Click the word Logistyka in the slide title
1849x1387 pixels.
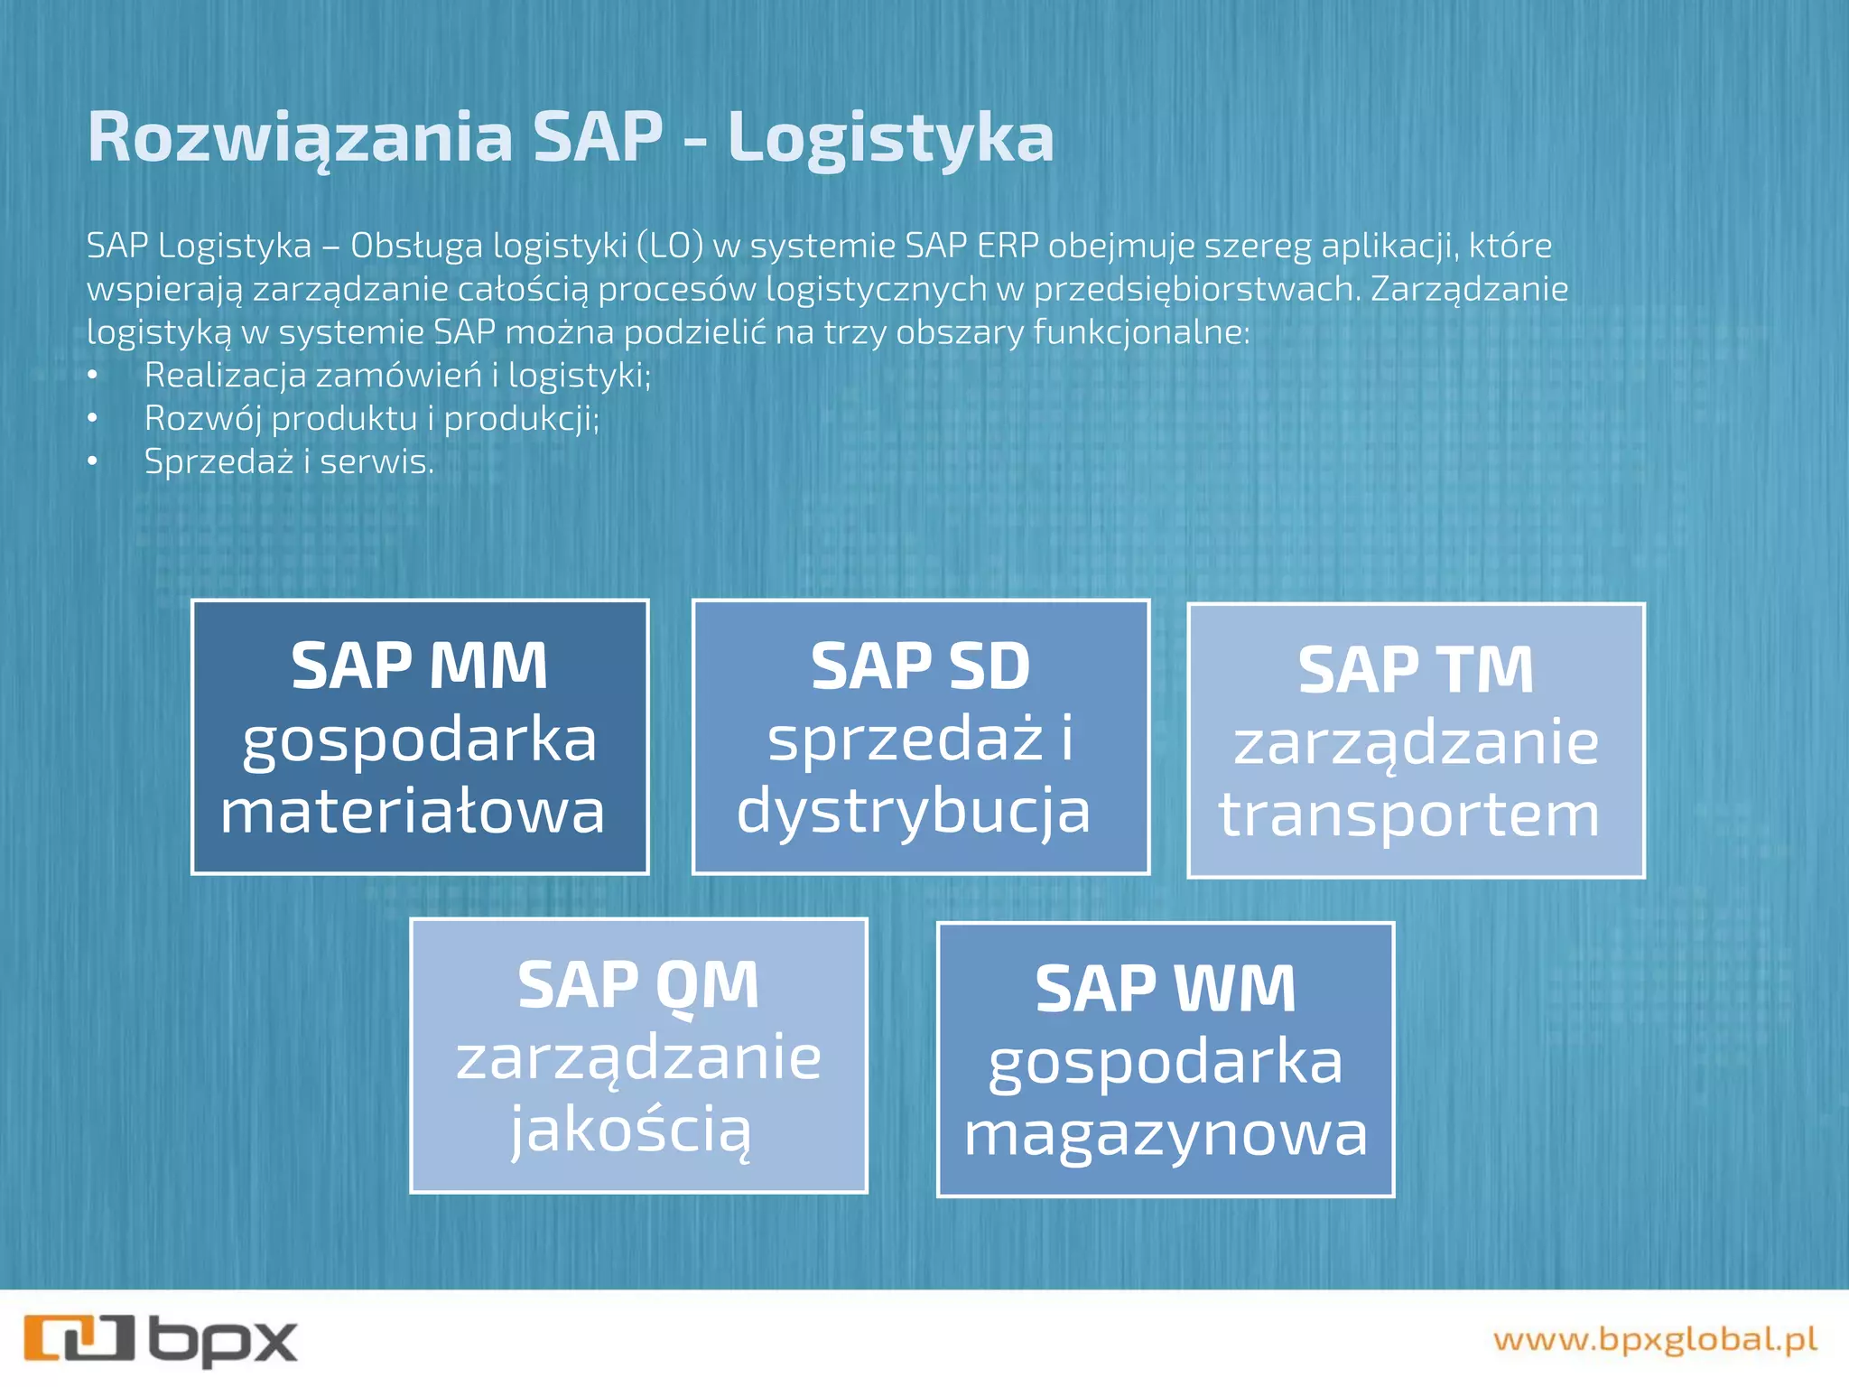[x=890, y=138]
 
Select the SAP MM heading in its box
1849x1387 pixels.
[x=419, y=666]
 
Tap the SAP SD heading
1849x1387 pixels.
[x=920, y=666]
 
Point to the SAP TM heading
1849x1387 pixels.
[x=1416, y=670]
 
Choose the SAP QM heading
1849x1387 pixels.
[x=638, y=985]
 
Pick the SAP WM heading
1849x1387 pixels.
[x=1165, y=989]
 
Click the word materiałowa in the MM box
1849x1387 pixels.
[x=413, y=811]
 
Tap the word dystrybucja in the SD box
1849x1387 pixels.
[x=914, y=811]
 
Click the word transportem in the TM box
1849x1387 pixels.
[x=1409, y=815]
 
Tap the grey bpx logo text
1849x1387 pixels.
[x=223, y=1341]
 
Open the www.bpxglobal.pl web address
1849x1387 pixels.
[x=1654, y=1339]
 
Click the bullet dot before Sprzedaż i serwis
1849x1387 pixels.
[x=92, y=461]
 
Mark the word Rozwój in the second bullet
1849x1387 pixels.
[x=202, y=418]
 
